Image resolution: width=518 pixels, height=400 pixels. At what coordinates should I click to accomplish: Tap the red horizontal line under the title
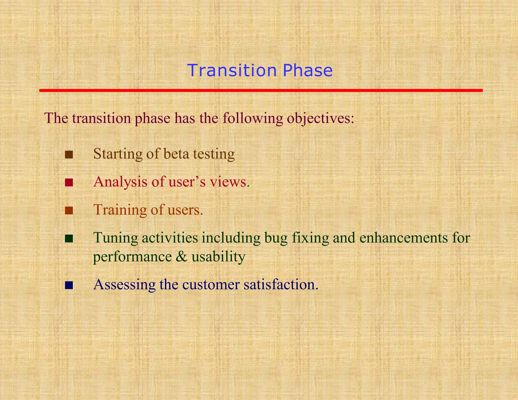coord(261,90)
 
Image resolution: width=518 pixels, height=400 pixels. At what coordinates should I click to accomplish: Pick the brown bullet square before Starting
coord(69,154)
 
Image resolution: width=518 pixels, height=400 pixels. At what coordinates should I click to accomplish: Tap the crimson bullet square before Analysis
coord(69,183)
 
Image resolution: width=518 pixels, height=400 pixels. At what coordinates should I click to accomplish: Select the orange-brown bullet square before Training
coord(69,210)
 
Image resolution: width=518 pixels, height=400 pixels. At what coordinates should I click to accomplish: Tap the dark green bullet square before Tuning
coord(69,238)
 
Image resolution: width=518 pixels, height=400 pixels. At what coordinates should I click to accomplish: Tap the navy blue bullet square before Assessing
coord(69,285)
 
